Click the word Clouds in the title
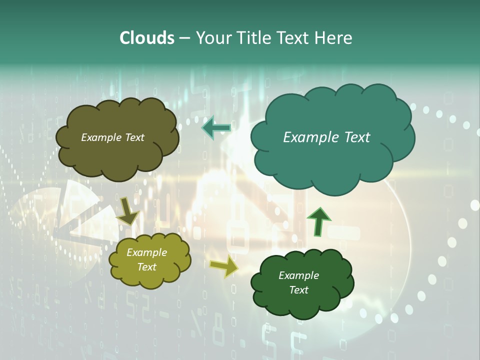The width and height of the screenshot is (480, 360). point(146,38)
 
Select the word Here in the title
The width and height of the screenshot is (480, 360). point(333,38)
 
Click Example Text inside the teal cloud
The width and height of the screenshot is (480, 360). point(326,137)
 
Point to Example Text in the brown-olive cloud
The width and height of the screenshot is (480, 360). point(112,137)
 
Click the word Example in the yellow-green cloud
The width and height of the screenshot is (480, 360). point(146,252)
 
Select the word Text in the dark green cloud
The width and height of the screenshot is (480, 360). point(298,290)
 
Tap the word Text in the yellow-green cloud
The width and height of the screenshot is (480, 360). point(146,267)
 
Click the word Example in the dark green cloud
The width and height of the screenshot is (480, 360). point(298,275)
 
